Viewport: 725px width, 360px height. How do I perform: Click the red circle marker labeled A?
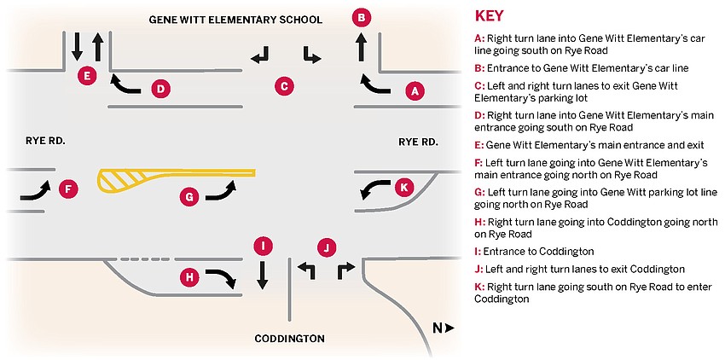pyautogui.click(x=415, y=91)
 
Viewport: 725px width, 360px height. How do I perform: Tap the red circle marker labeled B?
pyautogui.click(x=362, y=19)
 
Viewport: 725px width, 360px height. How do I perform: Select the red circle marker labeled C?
pyautogui.click(x=284, y=86)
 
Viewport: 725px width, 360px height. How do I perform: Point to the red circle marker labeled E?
pyautogui.click(x=87, y=75)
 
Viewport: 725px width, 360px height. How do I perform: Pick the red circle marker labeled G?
pyautogui.click(x=189, y=197)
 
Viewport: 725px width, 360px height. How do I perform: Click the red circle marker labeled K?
pyautogui.click(x=403, y=188)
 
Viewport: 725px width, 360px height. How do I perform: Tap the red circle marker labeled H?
pyautogui.click(x=189, y=277)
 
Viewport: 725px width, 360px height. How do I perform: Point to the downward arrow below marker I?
pyautogui.click(x=262, y=276)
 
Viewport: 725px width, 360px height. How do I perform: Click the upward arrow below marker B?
pyautogui.click(x=362, y=49)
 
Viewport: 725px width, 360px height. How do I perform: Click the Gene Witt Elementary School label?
pyautogui.click(x=235, y=20)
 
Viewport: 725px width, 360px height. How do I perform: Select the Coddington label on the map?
pyautogui.click(x=289, y=339)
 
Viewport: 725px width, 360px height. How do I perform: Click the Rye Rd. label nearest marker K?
pyautogui.click(x=418, y=142)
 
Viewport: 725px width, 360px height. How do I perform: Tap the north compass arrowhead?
pyautogui.click(x=449, y=328)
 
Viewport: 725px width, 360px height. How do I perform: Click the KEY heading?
pyautogui.click(x=489, y=15)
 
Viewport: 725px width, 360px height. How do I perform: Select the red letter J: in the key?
pyautogui.click(x=478, y=270)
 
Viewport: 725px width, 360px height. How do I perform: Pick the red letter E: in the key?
pyautogui.click(x=478, y=145)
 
